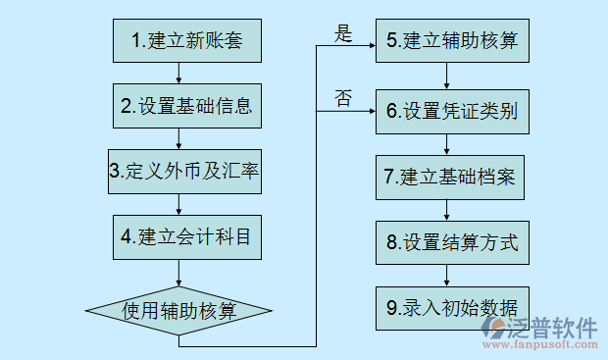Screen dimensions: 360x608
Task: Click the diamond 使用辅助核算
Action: [178, 311]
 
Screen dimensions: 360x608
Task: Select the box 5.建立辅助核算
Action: [448, 41]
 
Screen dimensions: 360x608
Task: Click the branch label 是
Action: [343, 34]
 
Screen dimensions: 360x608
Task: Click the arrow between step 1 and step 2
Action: [178, 73]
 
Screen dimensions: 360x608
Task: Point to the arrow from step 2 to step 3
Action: [178, 138]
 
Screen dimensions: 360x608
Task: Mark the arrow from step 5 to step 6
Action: [448, 76]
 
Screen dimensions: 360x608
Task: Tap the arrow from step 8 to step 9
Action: [448, 275]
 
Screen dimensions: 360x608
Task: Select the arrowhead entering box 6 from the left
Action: [370, 111]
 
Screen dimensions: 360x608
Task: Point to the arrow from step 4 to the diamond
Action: [178, 275]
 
